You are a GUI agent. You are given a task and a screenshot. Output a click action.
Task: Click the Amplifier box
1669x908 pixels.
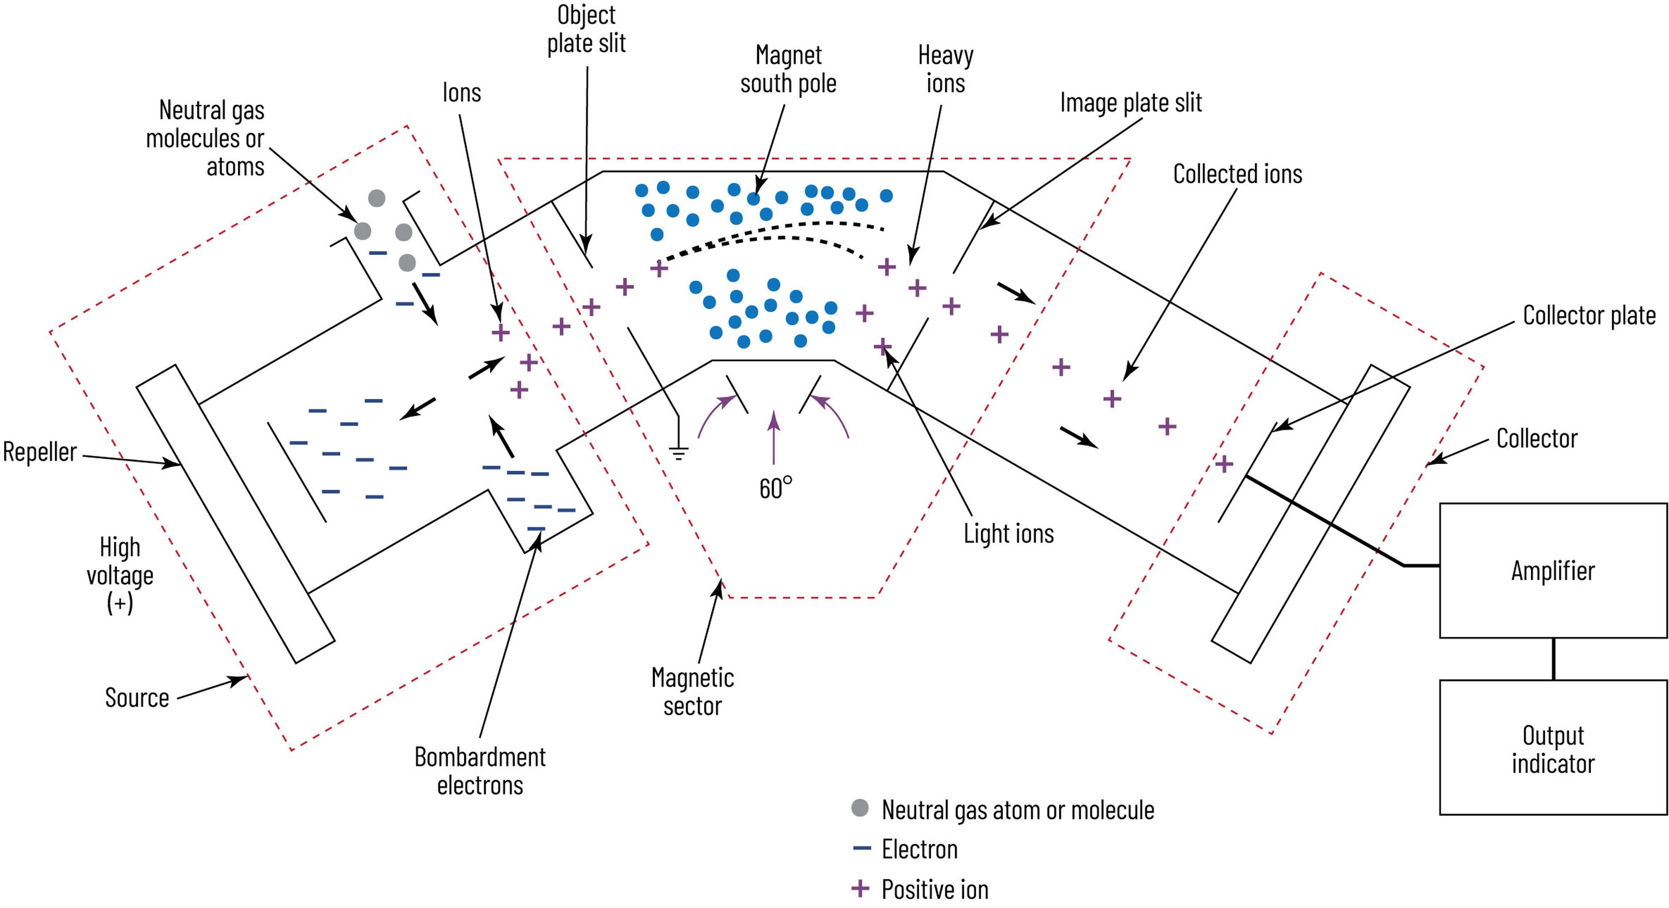1553,570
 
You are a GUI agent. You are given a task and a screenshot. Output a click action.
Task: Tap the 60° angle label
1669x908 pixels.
775,488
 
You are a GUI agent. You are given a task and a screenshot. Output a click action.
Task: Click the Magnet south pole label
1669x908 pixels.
788,70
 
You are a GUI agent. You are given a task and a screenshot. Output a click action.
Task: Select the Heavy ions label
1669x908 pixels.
945,70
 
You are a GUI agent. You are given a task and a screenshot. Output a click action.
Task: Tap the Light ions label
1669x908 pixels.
1008,534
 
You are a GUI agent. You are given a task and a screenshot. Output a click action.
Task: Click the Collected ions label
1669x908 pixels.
1237,174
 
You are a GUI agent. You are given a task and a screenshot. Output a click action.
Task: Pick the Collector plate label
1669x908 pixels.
1589,315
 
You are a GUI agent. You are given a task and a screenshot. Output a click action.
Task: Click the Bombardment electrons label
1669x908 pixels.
480,771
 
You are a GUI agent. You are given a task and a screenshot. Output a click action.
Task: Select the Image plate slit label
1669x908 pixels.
1130,103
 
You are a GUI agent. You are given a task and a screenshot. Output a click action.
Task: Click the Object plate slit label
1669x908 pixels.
586,29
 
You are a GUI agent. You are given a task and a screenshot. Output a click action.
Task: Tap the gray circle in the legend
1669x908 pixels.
860,808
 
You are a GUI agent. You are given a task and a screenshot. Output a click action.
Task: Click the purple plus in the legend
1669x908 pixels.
860,888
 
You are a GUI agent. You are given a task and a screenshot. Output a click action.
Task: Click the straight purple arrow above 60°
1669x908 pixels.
773,437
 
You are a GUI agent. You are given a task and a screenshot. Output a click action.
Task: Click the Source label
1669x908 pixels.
137,698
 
